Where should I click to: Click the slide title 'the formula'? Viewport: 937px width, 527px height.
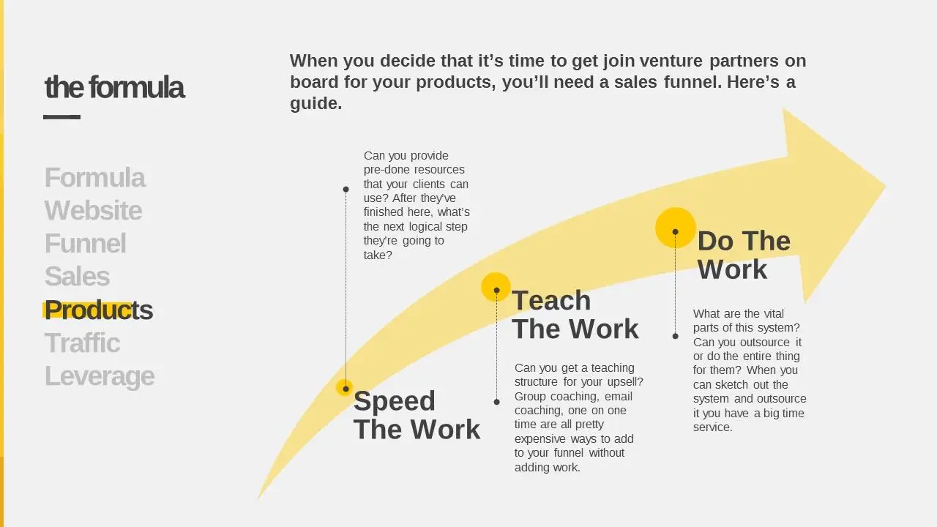tap(114, 87)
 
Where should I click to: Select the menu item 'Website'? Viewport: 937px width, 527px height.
tap(93, 210)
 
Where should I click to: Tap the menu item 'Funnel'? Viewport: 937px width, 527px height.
tap(86, 244)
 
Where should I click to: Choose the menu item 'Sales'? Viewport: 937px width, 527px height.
tap(78, 277)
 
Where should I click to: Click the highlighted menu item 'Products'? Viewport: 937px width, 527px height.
tap(99, 310)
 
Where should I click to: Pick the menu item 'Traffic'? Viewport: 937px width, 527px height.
tap(83, 343)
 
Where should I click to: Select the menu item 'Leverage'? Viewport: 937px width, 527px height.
tap(100, 376)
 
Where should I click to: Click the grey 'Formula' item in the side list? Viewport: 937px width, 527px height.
tap(95, 177)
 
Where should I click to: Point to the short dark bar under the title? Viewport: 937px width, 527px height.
tap(62, 117)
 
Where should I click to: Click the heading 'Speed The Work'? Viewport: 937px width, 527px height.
tap(417, 415)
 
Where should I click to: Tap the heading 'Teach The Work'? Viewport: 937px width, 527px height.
tap(575, 315)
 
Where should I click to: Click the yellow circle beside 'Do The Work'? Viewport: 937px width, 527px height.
tap(675, 228)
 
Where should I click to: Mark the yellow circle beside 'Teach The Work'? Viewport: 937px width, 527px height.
tap(496, 287)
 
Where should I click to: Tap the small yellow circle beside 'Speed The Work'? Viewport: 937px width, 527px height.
tap(344, 388)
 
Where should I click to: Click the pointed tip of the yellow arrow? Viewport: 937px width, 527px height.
tap(885, 187)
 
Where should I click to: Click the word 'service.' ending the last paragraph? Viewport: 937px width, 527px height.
tap(713, 427)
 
